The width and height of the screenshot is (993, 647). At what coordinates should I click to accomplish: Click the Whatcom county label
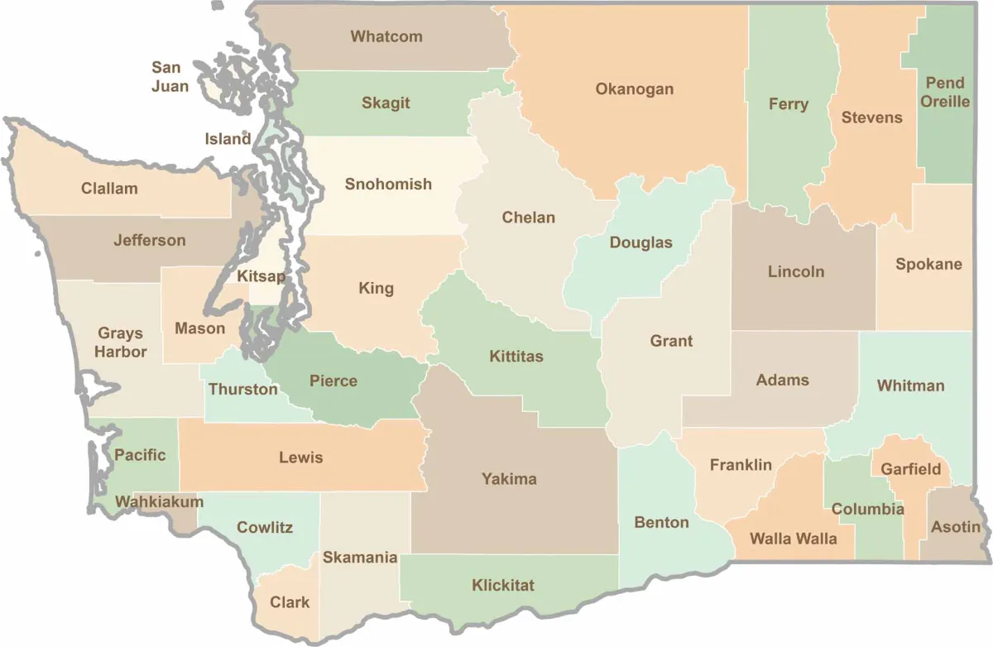pos(386,36)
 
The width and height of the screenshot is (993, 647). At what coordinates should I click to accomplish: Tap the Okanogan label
pos(635,89)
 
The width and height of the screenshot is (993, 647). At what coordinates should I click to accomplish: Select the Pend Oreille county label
pos(945,92)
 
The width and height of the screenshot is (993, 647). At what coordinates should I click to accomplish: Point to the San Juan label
pos(170,76)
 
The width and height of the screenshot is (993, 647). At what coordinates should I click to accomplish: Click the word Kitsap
pos(261,276)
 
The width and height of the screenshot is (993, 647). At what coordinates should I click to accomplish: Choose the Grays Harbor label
pos(120,343)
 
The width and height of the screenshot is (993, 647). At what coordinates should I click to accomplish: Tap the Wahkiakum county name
pos(159,501)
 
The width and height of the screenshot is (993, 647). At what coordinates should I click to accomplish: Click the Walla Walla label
pos(793,539)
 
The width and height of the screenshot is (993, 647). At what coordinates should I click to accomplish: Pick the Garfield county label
pos(910,469)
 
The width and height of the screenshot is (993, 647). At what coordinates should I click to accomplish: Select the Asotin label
pos(956,527)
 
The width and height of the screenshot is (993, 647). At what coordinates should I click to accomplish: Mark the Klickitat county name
pos(503,586)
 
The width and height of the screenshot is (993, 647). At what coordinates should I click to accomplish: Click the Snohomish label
pos(388,184)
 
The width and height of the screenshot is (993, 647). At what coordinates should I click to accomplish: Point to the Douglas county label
pos(640,243)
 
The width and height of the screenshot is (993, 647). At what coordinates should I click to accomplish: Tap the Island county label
pos(228,139)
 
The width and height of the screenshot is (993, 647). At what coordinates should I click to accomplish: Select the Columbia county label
pos(867,509)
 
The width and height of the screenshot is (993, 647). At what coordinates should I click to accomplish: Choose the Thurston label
pos(243,389)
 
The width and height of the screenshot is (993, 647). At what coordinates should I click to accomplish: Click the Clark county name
pos(290,602)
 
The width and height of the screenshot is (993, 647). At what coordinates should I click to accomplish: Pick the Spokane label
pos(928,265)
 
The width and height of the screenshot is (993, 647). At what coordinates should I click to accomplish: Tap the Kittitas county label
pos(516,357)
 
